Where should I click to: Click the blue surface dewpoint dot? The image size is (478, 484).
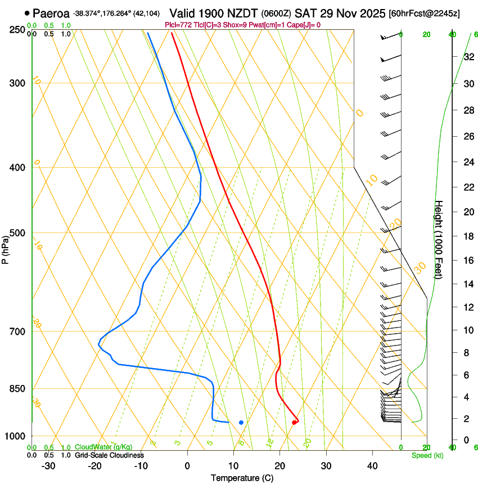point(241,422)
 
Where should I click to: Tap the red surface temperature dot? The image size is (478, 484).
point(295,422)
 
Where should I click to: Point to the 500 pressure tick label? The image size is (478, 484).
point(17,233)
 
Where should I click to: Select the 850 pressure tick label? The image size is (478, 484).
point(17,389)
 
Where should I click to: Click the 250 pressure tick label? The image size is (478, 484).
point(17,30)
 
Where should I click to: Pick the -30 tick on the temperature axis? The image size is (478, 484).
point(48,465)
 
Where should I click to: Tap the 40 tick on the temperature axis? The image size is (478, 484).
point(372,465)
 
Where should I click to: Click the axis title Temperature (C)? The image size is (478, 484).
point(242,478)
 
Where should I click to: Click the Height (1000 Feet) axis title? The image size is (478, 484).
point(439,239)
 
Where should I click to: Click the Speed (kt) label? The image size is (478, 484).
point(427,455)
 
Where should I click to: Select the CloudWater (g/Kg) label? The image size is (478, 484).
point(103,447)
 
